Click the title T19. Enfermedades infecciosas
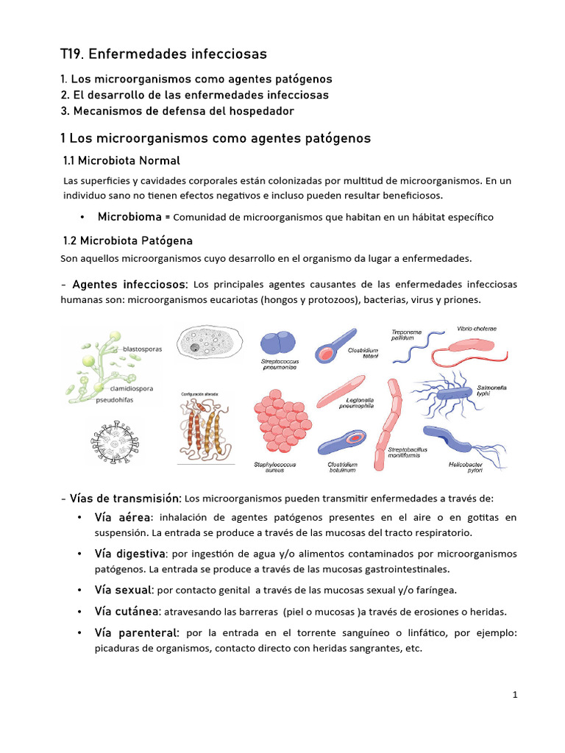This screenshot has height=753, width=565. pyautogui.click(x=163, y=54)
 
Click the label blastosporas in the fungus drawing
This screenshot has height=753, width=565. pyautogui.click(x=143, y=349)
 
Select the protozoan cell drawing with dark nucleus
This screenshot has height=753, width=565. pyautogui.click(x=208, y=346)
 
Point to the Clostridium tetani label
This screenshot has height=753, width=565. pyautogui.click(x=363, y=354)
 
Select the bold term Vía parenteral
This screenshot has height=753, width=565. pyautogui.click(x=137, y=632)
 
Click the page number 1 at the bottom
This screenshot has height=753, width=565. pyautogui.click(x=516, y=695)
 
